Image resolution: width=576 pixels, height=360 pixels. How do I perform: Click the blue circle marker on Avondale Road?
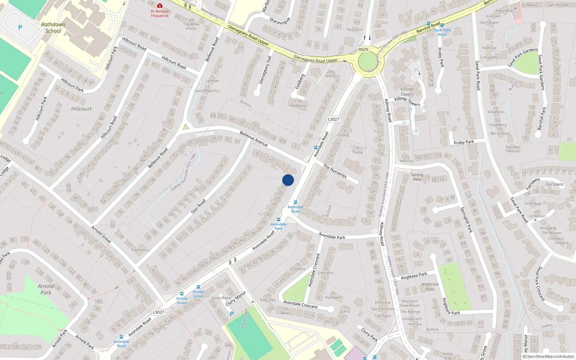(x=288, y=180)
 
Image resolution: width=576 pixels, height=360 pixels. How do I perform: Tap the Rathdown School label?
(x=53, y=28)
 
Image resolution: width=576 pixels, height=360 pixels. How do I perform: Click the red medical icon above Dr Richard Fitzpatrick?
(x=160, y=6)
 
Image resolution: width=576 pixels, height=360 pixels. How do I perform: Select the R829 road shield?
(x=363, y=50)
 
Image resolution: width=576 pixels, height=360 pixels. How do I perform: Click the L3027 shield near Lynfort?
(x=333, y=119)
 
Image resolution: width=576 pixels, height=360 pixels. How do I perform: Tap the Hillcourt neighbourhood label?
(x=81, y=109)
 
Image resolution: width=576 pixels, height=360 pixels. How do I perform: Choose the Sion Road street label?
(x=198, y=206)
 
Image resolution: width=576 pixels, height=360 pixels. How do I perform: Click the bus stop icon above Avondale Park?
(x=278, y=219)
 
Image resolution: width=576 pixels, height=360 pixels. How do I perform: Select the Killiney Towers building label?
(x=407, y=91)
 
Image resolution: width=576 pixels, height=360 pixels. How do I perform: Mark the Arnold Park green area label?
(x=46, y=289)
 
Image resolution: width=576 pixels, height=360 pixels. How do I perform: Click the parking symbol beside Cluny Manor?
(x=232, y=314)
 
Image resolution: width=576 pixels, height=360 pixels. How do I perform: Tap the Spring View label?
(x=417, y=177)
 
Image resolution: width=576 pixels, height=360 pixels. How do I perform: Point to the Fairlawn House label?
(x=513, y=149)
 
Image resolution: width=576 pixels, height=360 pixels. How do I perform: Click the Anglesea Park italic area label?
(x=430, y=287)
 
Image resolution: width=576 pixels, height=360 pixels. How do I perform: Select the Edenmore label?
(x=140, y=250)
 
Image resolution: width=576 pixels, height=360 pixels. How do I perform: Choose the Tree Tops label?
(x=267, y=300)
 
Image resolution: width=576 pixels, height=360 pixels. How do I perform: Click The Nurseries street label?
(x=335, y=171)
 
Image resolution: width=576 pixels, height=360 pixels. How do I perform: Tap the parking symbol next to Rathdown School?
(x=20, y=27)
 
